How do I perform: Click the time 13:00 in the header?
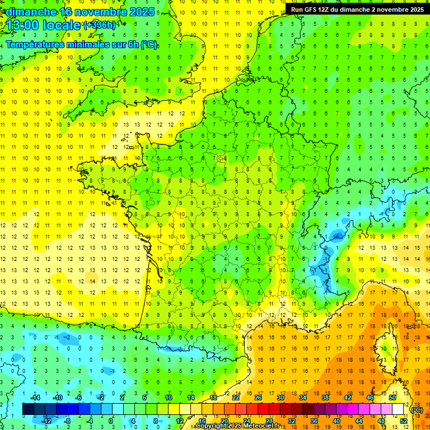click(x=23, y=25)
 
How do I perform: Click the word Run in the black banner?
click(x=297, y=10)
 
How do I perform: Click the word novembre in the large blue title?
click(x=107, y=11)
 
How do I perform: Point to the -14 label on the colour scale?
click(x=34, y=398)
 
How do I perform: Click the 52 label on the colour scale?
click(x=403, y=421)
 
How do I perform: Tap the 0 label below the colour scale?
click(x=111, y=421)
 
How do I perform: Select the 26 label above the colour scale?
click(x=258, y=398)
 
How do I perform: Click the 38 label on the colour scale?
click(x=325, y=398)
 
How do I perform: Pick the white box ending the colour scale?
click(x=398, y=409)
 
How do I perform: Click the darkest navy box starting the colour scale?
click(x=28, y=409)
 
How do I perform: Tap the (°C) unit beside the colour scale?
click(x=417, y=410)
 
